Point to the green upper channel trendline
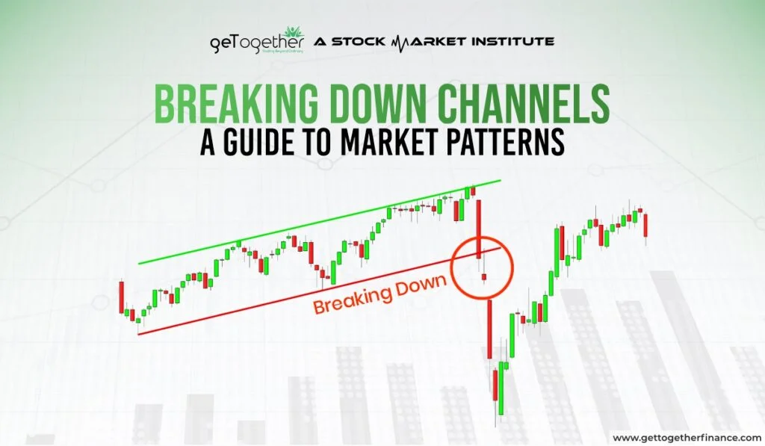point(314,224)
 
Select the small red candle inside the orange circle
point(484,278)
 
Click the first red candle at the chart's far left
point(120,297)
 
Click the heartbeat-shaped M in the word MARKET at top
point(400,41)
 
